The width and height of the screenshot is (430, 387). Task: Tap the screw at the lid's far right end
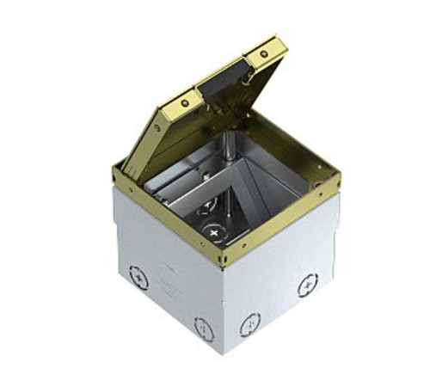click(x=263, y=53)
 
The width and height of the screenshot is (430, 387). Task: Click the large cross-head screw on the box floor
click(x=212, y=232)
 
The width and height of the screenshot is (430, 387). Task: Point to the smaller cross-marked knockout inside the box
click(x=209, y=205)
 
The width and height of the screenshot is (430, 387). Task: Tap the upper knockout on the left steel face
click(x=138, y=278)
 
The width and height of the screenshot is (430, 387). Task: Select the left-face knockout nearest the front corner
click(x=204, y=328)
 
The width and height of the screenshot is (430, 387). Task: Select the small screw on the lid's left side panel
click(x=157, y=129)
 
